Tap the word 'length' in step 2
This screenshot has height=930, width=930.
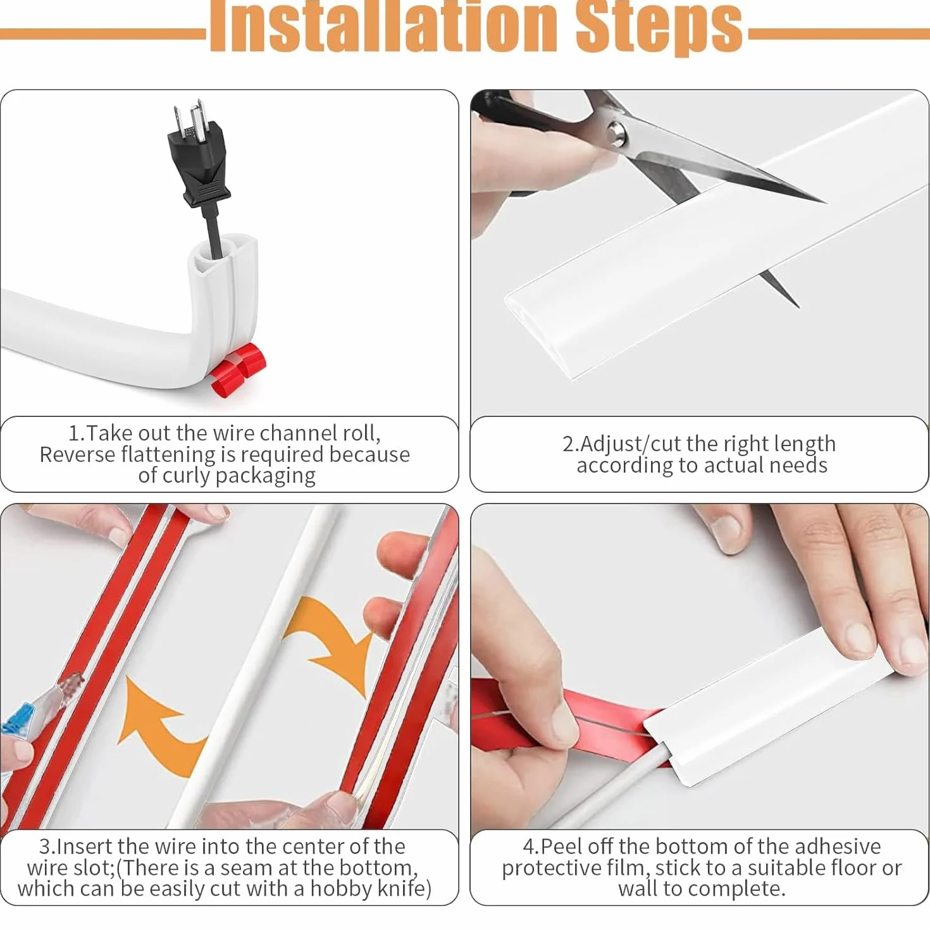(805, 444)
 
